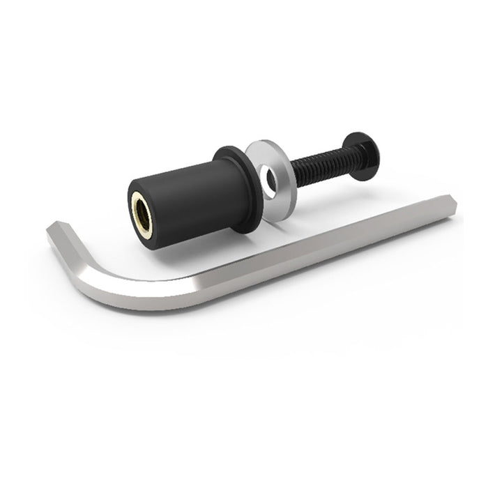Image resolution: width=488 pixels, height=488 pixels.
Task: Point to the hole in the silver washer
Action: pyautogui.click(x=270, y=178)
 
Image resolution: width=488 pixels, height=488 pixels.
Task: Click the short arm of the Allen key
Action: pyautogui.click(x=73, y=247)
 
